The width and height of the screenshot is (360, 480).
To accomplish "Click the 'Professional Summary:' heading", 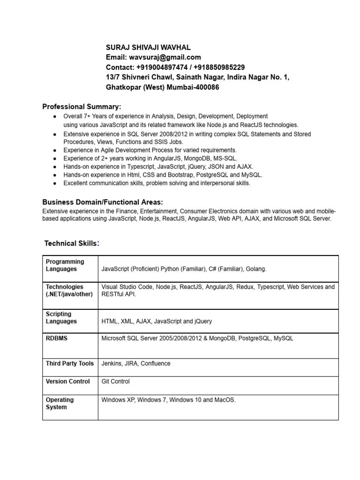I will point(82,107).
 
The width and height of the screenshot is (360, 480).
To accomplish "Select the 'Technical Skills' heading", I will point(71,243).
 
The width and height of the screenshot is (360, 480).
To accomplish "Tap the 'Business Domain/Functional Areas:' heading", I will point(103,202).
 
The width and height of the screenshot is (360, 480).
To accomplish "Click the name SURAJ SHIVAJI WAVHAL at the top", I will point(149,47).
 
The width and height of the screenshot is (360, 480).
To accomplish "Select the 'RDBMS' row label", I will point(56,338).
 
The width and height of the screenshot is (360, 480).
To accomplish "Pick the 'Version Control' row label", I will point(67,382).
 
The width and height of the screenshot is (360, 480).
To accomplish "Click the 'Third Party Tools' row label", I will point(69,363).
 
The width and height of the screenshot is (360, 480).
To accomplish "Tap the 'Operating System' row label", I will point(60,404).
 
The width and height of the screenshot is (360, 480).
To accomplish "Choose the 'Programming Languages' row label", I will point(65,265).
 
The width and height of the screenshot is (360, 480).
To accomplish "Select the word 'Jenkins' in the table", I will point(112,363).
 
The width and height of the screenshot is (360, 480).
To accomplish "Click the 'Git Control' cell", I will point(115,382).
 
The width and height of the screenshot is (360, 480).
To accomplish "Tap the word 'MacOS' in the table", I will point(225,400).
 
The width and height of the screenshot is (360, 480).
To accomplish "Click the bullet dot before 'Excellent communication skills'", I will point(55,183).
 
